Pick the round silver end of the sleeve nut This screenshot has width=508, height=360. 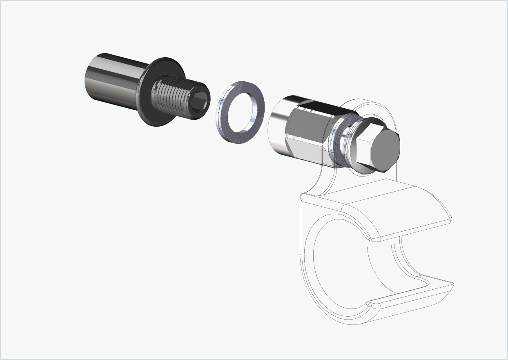pos(278,127)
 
